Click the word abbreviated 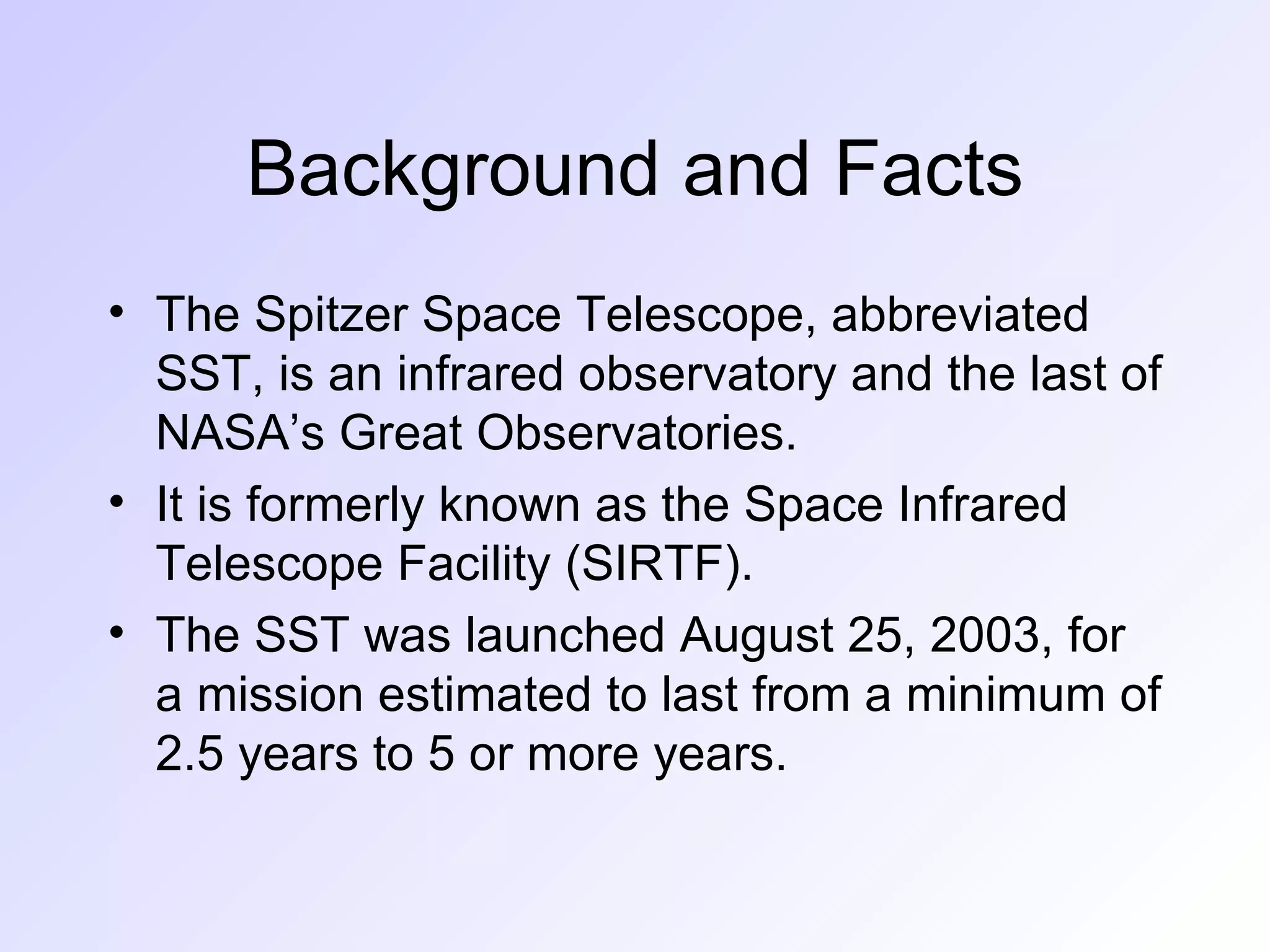959,315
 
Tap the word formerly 335,505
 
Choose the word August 756,636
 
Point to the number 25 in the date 879,636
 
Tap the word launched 565,636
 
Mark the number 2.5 189,755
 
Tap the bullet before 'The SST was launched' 116,633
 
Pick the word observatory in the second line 707,374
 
